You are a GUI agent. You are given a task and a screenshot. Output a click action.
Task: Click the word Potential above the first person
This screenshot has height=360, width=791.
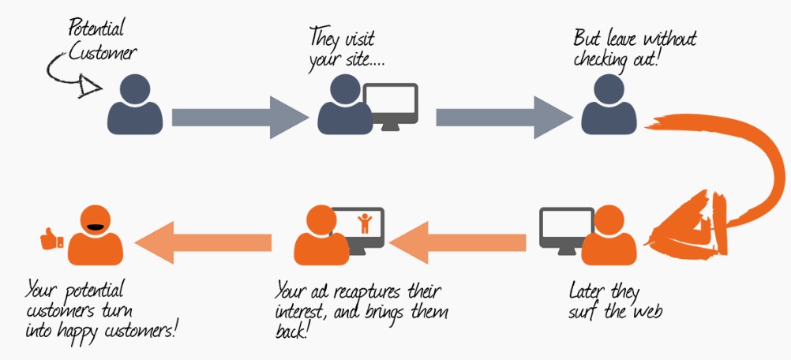(97, 30)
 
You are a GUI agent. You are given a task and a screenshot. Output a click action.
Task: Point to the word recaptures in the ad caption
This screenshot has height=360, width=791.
(370, 290)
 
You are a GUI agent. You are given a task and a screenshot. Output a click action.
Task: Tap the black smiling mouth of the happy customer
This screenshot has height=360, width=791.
(96, 227)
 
